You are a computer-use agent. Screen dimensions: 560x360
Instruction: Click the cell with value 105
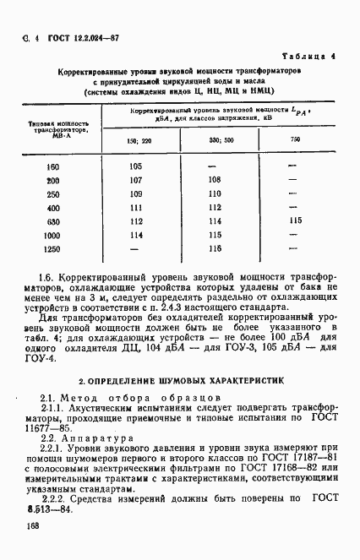click(136, 166)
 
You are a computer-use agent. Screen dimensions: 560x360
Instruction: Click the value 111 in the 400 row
click(136, 207)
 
